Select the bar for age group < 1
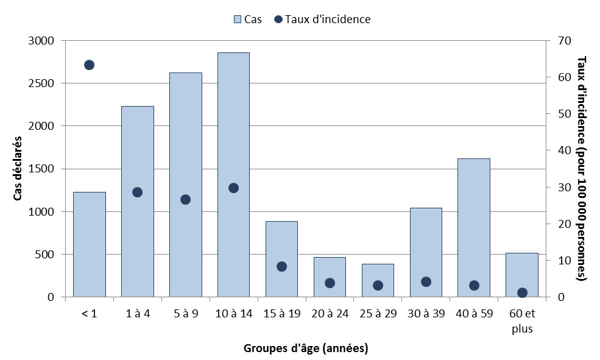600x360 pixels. coord(89,244)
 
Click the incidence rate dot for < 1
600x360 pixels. coord(89,65)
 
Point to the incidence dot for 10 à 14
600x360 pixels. coord(233,188)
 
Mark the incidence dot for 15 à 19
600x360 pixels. coord(281,266)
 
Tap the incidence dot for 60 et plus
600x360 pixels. coord(522,293)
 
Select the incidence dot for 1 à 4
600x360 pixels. coord(137,192)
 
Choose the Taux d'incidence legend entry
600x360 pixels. coord(323,19)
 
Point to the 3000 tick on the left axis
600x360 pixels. coord(43,41)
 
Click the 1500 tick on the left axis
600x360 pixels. coord(43,169)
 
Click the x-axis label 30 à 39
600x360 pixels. coord(426,314)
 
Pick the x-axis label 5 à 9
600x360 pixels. coord(185,314)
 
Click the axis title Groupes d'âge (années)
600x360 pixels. coord(306,348)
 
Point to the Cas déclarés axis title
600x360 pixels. coord(18,169)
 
